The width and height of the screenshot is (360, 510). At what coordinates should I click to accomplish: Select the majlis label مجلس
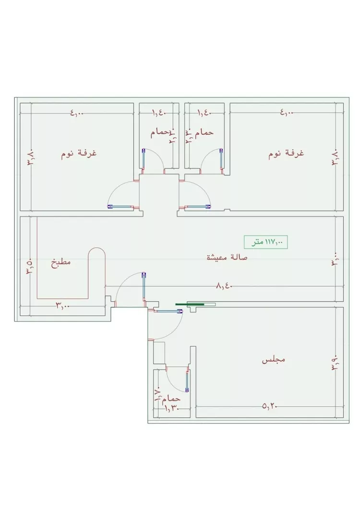[x=274, y=359]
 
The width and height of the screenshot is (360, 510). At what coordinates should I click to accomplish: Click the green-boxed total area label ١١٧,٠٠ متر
[x=266, y=242]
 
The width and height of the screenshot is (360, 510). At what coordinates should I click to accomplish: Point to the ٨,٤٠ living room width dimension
[x=224, y=286]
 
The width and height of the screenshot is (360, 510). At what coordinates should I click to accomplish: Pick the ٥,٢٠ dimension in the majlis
[x=270, y=406]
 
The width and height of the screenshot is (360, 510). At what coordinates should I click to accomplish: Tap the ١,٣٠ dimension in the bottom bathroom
[x=171, y=408]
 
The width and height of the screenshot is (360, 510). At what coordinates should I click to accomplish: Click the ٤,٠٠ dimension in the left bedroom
[x=77, y=113]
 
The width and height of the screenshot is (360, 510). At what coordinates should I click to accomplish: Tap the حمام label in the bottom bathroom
[x=171, y=399]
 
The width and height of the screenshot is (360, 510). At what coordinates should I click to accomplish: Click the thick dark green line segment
[x=190, y=304]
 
